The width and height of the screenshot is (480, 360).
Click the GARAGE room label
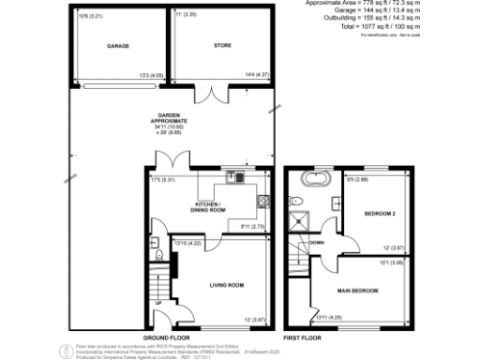point(117,46)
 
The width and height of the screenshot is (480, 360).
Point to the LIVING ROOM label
point(226,285)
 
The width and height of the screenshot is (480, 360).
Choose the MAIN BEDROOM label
point(358,291)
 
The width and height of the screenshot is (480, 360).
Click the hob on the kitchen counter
point(263,200)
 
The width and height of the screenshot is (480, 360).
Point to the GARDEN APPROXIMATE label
point(172,122)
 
